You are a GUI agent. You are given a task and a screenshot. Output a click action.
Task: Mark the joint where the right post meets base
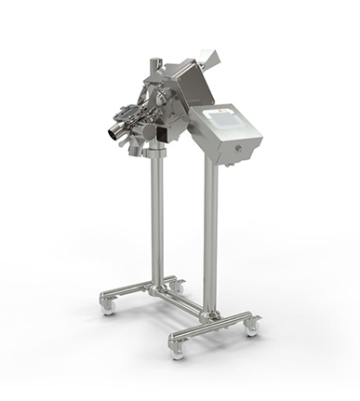tap(211, 316)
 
